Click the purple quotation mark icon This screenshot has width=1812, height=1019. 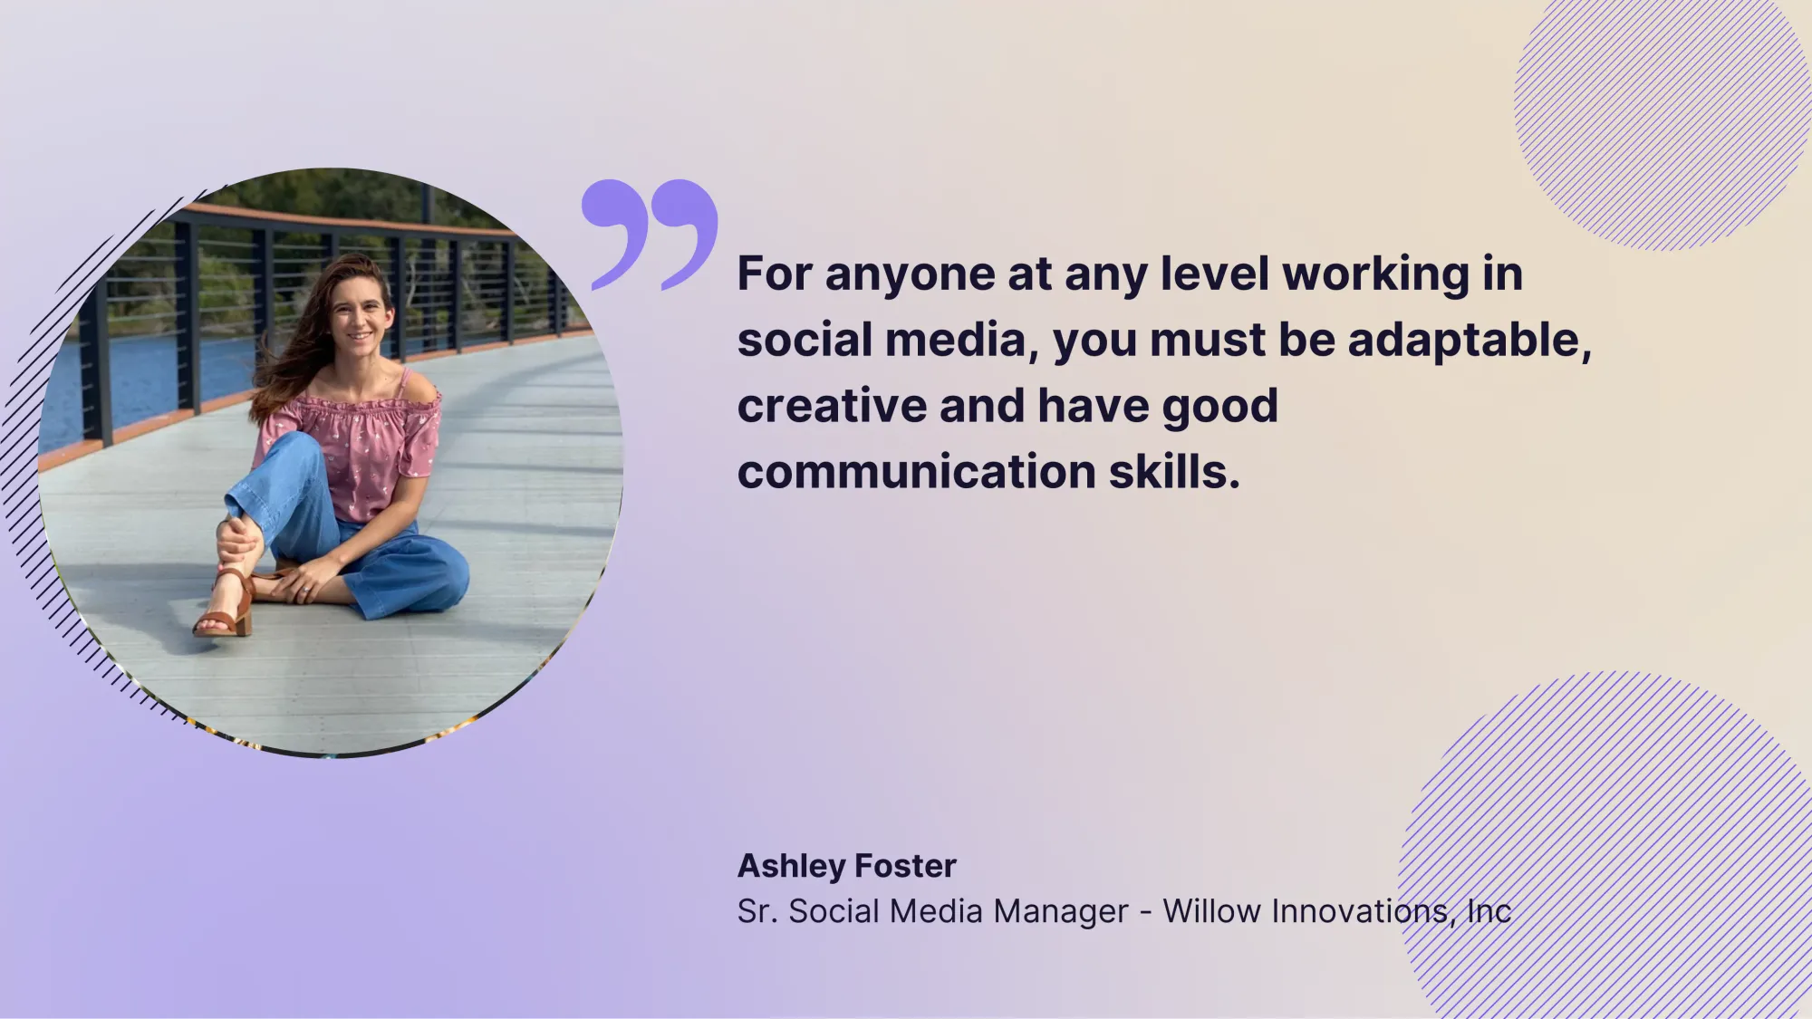tap(650, 235)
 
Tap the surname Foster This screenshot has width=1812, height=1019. tap(905, 866)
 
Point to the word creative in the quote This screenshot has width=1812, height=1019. tap(831, 406)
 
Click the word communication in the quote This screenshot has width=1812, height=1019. tap(917, 472)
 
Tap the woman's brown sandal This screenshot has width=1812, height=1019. tap(224, 607)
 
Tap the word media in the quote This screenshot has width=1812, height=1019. tap(956, 341)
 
